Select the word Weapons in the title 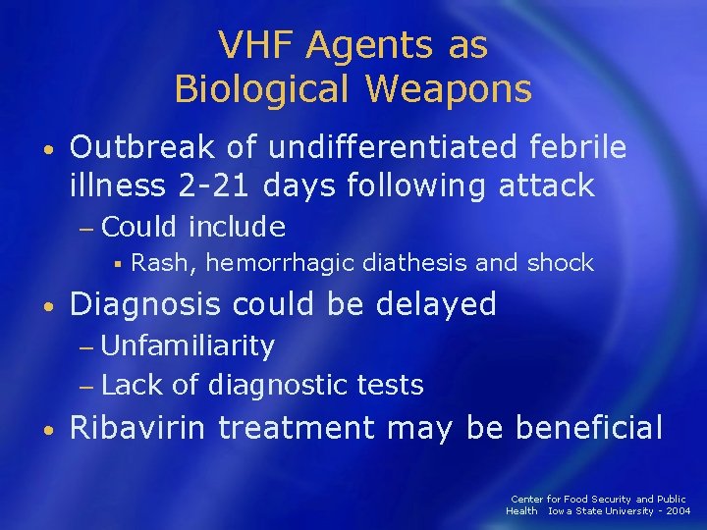point(450,89)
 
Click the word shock point(561,263)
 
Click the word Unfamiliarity point(188,345)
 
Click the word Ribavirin point(139,428)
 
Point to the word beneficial point(589,428)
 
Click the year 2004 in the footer point(677,510)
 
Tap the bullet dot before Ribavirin point(49,429)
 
